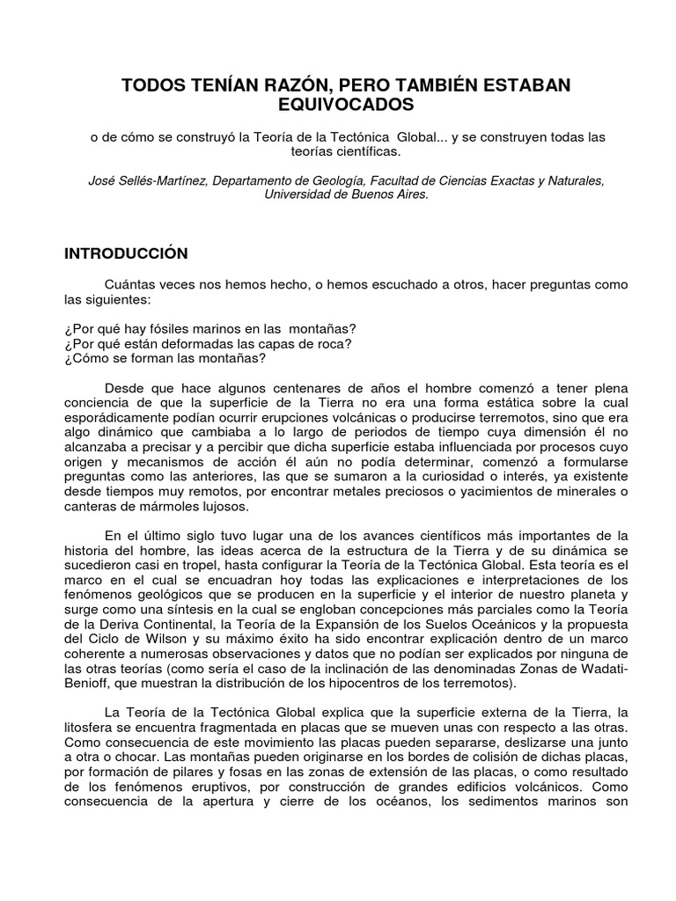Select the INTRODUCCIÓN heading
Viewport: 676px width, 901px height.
(127, 253)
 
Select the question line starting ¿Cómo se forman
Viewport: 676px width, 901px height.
(165, 358)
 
